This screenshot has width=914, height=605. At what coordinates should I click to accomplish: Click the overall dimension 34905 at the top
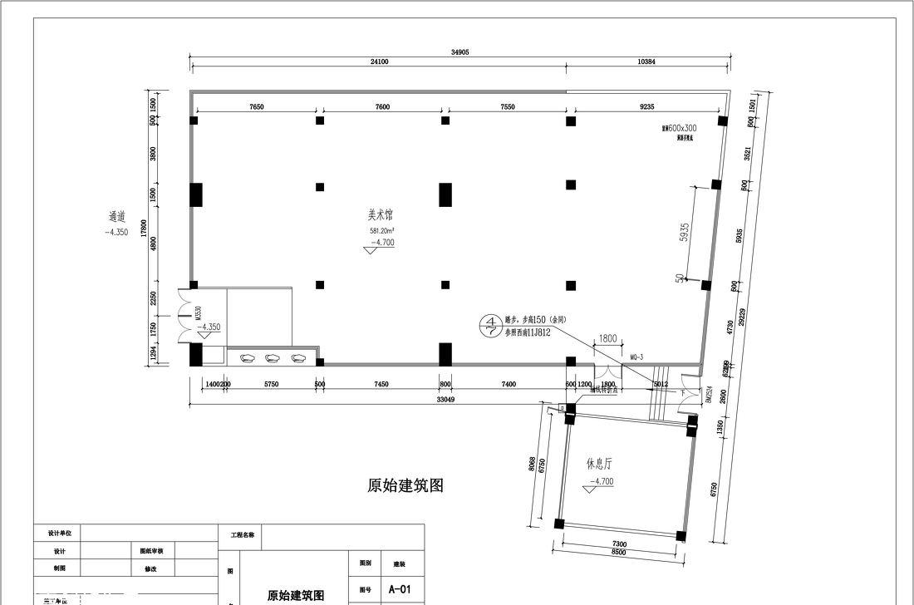pos(460,52)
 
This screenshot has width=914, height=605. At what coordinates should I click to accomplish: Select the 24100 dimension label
pos(379,62)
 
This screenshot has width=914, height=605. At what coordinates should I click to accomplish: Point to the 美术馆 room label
pos(381,214)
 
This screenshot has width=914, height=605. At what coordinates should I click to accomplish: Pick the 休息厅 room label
pos(599,464)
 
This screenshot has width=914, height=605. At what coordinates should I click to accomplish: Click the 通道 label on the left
pos(116,217)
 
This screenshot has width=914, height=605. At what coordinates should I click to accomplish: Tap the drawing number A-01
pos(400,589)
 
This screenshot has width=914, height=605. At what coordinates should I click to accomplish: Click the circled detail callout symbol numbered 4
pos(492,325)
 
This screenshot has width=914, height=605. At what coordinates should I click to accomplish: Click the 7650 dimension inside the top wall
pos(256,106)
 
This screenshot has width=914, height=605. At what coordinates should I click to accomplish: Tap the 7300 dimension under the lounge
pos(619,544)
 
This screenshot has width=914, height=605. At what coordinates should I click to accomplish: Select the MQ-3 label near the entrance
pos(637,357)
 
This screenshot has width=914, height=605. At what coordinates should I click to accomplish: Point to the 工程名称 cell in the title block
pos(242,536)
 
